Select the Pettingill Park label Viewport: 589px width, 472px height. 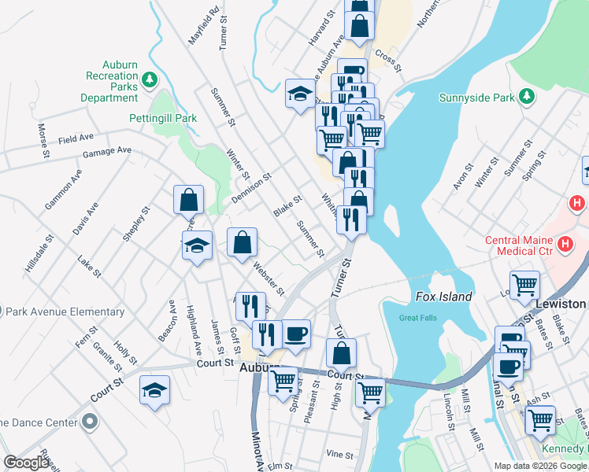(x=162, y=118)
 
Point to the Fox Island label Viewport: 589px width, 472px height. (x=443, y=297)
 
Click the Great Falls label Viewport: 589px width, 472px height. (x=417, y=318)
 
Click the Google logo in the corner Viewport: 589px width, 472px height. (x=26, y=463)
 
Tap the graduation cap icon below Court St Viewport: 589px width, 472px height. (x=154, y=389)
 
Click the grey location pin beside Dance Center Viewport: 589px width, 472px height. (x=89, y=422)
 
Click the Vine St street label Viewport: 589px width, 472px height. (x=339, y=454)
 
